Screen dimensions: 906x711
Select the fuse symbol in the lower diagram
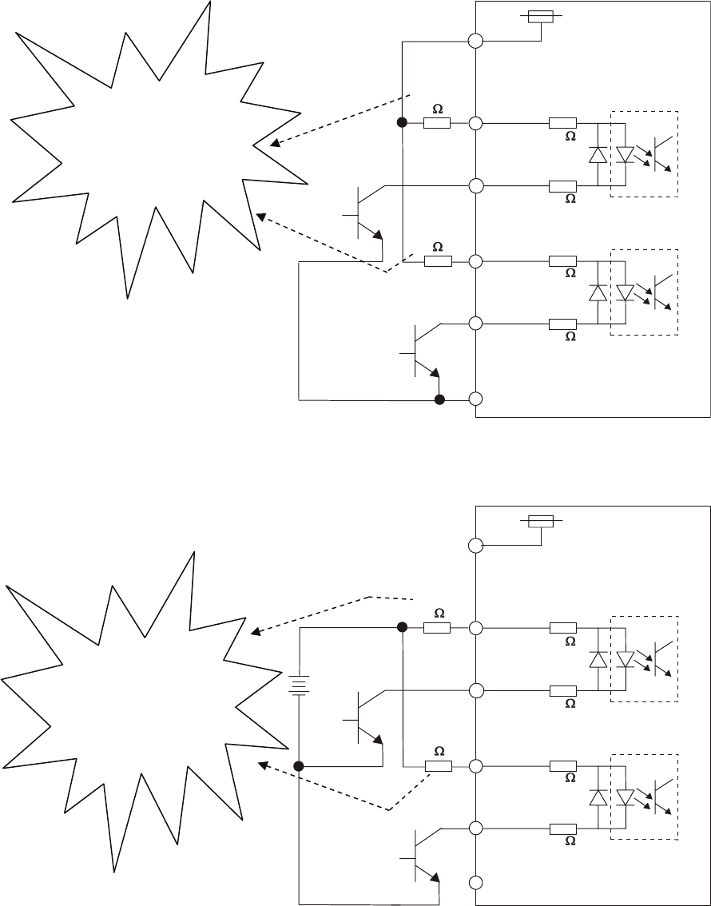(x=542, y=521)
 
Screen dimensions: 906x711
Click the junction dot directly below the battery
(x=299, y=766)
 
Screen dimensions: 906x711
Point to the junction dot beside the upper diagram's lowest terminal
(x=439, y=399)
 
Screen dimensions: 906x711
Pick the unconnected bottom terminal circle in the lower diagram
(x=476, y=883)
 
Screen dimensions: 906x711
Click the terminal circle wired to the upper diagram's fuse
(x=476, y=42)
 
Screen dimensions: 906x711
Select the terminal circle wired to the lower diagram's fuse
(x=476, y=546)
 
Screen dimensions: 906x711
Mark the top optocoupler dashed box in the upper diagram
(x=644, y=153)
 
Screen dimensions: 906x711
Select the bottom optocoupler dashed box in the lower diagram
(x=644, y=797)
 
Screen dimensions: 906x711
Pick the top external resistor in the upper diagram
(x=437, y=124)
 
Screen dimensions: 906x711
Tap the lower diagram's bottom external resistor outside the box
(x=439, y=766)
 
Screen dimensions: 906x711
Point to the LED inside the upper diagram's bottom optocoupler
(x=626, y=292)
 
